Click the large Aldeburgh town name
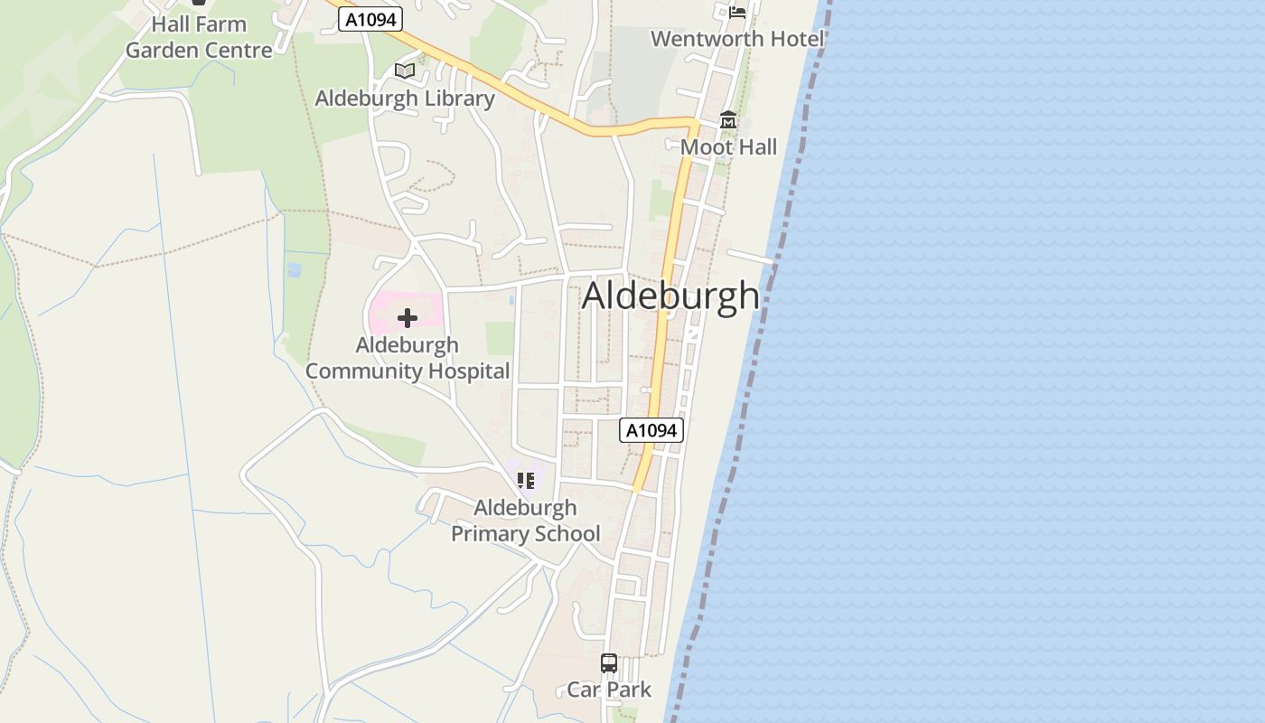(x=670, y=296)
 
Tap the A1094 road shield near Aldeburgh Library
(x=370, y=19)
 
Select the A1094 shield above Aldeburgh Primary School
(x=651, y=430)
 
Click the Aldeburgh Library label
(x=404, y=99)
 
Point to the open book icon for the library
(x=404, y=70)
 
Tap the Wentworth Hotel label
(x=737, y=39)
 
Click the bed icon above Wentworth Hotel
(x=737, y=12)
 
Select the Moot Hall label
(x=728, y=147)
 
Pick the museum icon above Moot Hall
(x=727, y=120)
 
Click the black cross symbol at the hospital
(x=408, y=317)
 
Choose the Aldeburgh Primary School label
(x=525, y=521)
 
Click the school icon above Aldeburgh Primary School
(x=525, y=481)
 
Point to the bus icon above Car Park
(x=609, y=662)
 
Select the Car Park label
(x=609, y=690)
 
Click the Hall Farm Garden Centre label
(x=199, y=37)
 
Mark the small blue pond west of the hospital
(x=294, y=269)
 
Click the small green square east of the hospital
(x=500, y=338)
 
